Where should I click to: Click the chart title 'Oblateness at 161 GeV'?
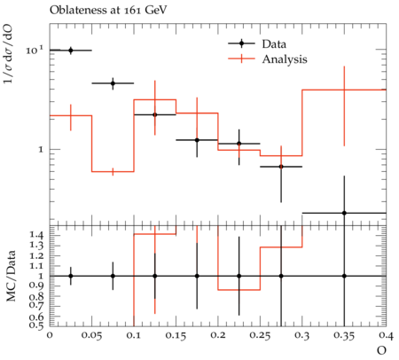coord(108,10)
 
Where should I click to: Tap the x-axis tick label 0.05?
coord(92,336)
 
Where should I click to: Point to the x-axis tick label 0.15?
coord(176,336)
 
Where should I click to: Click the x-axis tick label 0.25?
coord(260,336)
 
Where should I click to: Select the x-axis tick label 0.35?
coord(344,336)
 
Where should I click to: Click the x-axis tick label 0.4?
coord(387,336)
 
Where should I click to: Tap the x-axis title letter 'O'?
coord(381,350)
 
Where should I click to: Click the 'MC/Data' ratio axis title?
coord(11,276)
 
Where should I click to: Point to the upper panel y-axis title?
coord(9,55)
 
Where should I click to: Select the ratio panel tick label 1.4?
coord(36,235)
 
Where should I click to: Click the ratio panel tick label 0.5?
coord(36,325)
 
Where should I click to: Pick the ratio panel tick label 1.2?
coord(36,255)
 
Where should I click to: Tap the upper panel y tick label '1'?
coord(41,150)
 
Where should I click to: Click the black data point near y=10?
coord(71,51)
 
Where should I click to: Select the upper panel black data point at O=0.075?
coord(113,83)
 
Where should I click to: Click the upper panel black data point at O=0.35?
coord(344,213)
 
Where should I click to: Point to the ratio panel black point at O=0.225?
coord(239,276)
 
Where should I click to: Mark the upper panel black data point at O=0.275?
coord(281,167)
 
